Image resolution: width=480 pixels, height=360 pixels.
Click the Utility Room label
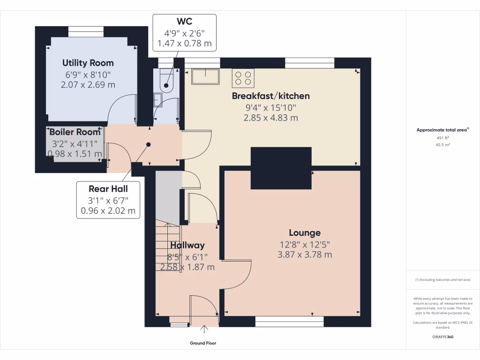(88, 63)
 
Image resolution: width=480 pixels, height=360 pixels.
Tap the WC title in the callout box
(184, 22)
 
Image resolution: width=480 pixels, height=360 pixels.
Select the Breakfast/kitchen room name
(271, 96)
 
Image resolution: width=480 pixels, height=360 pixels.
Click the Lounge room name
(305, 232)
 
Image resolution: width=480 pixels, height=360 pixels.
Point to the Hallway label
(187, 245)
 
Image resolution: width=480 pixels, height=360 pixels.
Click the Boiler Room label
(75, 132)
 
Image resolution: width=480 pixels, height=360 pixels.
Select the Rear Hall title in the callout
(108, 189)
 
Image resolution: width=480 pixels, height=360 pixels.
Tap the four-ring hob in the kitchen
(243, 78)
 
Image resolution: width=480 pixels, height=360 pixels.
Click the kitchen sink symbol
(205, 77)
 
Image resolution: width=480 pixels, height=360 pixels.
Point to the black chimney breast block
(281, 168)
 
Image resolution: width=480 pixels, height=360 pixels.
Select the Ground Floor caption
(203, 343)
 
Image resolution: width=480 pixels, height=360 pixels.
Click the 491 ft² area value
(443, 138)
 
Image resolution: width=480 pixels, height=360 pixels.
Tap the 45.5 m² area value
(443, 145)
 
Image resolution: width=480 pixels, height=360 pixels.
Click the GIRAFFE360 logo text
(443, 337)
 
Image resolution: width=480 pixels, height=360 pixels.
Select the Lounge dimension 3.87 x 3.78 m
(305, 255)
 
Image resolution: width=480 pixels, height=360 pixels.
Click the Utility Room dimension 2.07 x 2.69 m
(88, 85)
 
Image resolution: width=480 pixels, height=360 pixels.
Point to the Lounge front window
(289, 321)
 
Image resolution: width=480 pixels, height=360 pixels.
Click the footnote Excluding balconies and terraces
(443, 280)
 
